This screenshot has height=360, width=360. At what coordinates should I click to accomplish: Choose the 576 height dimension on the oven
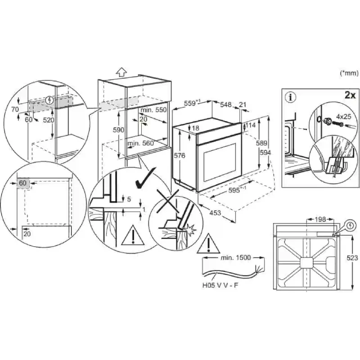click(x=180, y=155)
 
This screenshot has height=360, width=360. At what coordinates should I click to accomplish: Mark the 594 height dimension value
click(x=267, y=153)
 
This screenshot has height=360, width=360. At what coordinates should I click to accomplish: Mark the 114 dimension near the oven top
click(x=250, y=125)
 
